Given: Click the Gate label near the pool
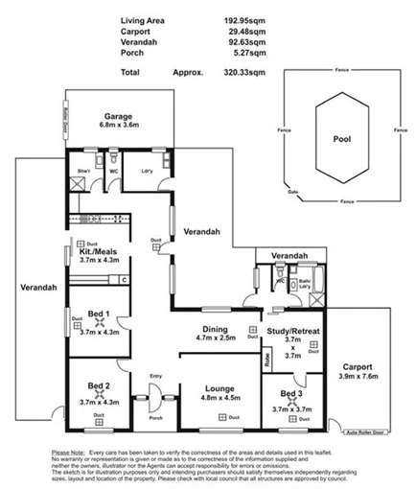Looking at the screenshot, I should tap(280, 191).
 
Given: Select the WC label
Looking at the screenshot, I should tap(113, 174).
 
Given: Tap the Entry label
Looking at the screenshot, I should tap(156, 376).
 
